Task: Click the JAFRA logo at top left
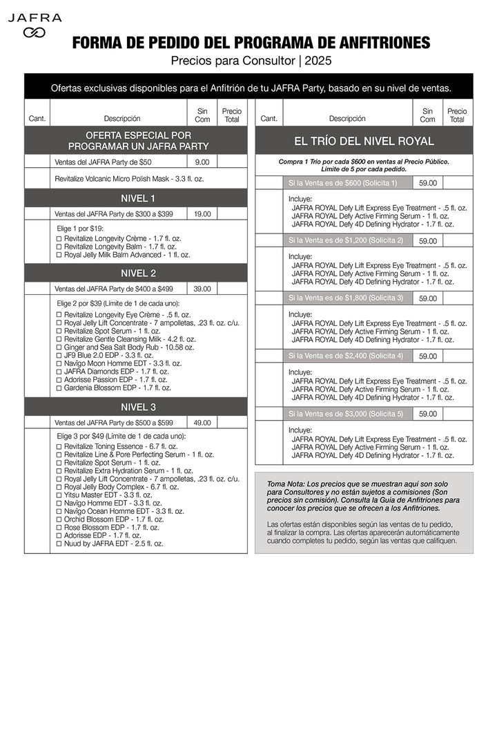pyautogui.click(x=35, y=24)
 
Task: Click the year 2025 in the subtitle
pyautogui.click(x=318, y=61)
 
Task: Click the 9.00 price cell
pyautogui.click(x=202, y=162)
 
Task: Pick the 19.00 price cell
pyautogui.click(x=202, y=214)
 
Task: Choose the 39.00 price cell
pyautogui.click(x=202, y=289)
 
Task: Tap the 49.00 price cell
pyautogui.click(x=202, y=423)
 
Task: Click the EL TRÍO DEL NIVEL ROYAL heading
pyautogui.click(x=364, y=142)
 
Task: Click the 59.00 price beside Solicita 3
pyautogui.click(x=428, y=298)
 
